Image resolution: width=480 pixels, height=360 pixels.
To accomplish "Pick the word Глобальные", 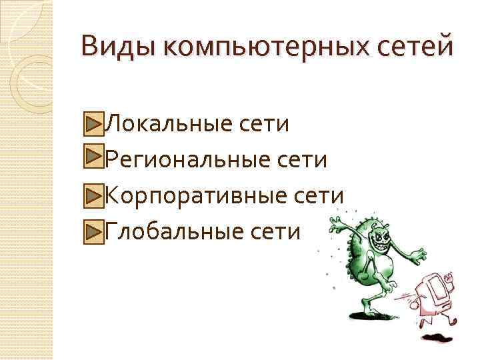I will tap(162, 231).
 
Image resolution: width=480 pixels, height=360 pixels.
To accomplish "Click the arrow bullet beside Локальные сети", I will tap(94, 123).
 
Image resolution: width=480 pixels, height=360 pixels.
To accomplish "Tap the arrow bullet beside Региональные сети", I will tap(94, 159).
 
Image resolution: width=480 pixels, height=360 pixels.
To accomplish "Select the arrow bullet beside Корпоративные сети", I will tap(94, 195).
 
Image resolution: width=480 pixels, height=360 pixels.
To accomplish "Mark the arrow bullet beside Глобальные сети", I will tap(94, 231).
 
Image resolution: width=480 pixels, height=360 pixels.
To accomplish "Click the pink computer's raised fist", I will tap(450, 275).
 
